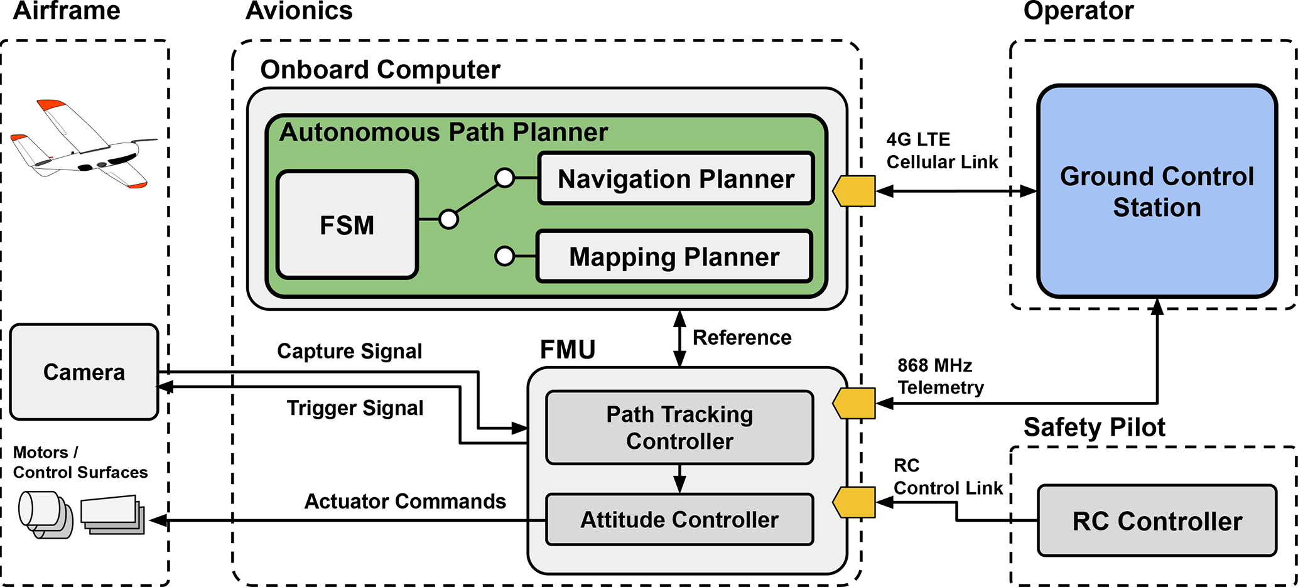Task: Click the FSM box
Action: click(347, 225)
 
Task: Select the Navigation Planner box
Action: click(676, 179)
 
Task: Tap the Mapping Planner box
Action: click(674, 257)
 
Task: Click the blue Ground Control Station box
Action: click(1157, 191)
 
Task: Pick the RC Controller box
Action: click(1157, 520)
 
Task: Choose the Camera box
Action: click(84, 372)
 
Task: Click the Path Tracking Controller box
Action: click(679, 428)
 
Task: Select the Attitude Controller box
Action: click(679, 519)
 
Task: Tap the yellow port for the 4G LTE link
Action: click(855, 191)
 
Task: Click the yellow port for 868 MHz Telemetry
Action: click(855, 403)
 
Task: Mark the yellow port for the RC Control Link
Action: click(855, 502)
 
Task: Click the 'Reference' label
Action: click(742, 338)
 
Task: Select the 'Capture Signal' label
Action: click(350, 351)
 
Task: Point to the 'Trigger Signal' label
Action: click(355, 408)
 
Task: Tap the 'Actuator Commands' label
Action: click(405, 501)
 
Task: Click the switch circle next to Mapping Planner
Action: click(504, 256)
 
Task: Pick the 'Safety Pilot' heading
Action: click(1094, 427)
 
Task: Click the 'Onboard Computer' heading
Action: click(380, 70)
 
